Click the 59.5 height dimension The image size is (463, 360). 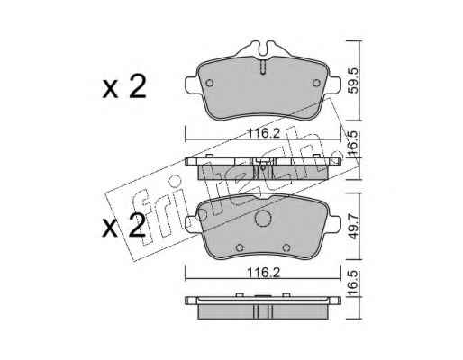coord(355,80)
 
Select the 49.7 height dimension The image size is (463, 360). coord(355,225)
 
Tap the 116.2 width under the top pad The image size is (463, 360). coord(263,133)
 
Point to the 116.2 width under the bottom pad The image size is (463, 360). coord(263,273)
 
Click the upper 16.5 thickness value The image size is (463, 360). coord(355,144)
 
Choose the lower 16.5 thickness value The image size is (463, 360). coord(355,283)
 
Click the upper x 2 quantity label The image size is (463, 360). coord(124,87)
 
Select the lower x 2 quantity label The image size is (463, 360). coord(124,226)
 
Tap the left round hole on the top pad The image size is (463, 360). coord(210,83)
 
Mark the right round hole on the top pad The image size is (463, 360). coord(316,83)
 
